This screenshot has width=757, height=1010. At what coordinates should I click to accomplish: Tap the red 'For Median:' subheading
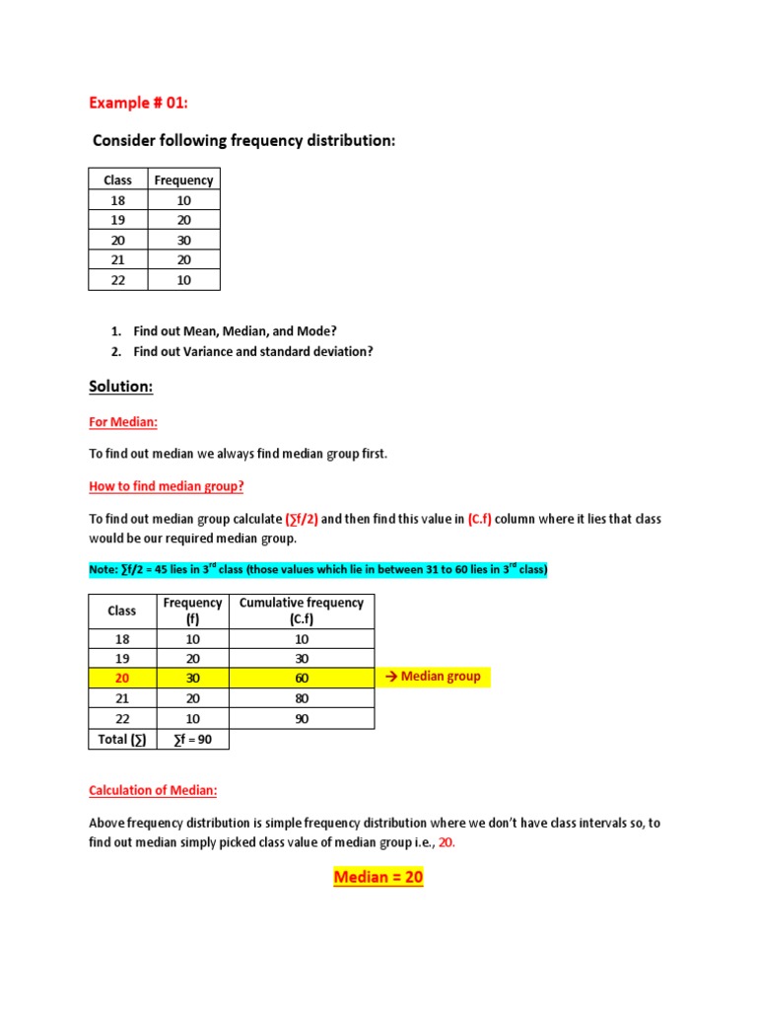123,422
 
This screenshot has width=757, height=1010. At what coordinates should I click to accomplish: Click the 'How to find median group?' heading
167,486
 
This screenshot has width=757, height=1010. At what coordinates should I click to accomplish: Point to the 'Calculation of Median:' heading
154,790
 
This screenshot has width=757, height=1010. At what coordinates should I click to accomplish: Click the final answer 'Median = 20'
378,877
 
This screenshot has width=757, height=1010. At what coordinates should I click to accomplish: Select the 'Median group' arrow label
434,677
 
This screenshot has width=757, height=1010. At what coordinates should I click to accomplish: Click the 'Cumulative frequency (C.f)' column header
302,612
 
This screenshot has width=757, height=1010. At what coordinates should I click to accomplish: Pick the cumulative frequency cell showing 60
302,678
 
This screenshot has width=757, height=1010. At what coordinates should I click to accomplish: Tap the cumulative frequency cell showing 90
302,718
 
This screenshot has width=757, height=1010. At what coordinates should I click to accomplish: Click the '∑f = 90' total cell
192,739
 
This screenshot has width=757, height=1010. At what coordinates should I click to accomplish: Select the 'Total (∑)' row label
121,739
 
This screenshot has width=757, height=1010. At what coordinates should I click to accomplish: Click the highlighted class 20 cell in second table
121,678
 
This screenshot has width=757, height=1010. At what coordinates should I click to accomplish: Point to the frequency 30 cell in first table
183,240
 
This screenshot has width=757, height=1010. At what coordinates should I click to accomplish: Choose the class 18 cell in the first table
117,200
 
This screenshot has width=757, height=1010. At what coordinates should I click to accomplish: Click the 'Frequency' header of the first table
183,180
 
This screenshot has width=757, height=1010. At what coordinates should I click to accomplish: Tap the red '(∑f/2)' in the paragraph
302,519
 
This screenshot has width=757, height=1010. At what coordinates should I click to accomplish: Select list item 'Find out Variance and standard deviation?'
253,351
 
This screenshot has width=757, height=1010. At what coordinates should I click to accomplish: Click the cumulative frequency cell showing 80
302,698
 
